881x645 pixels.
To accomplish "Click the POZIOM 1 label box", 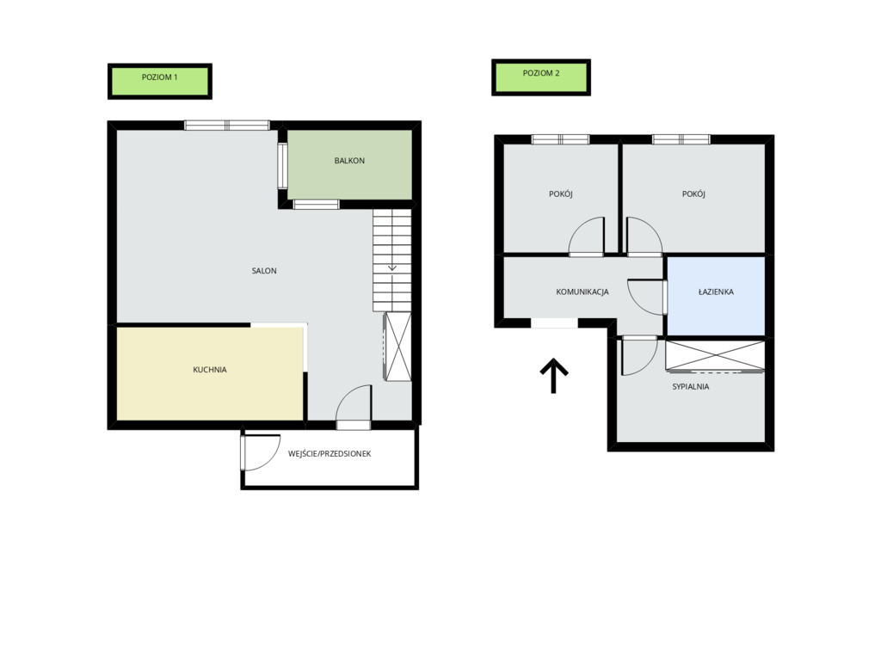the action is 159,82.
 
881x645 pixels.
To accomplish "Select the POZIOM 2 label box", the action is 541,77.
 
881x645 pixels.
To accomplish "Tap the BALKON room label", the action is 349,161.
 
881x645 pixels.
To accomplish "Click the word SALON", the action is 264,271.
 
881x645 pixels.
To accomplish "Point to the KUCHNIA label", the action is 210,370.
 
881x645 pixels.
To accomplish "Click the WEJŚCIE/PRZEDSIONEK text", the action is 330,453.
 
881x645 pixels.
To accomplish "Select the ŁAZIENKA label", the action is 716,292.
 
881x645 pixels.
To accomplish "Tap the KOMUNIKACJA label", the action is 582,292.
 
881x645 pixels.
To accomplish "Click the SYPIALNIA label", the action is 691,386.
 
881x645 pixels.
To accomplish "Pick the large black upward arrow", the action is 554,375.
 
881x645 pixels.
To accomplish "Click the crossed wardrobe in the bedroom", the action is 715,355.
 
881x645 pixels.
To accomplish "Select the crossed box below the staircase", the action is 397,347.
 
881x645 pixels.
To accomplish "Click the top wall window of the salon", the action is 227,126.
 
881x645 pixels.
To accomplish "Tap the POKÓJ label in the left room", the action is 561,193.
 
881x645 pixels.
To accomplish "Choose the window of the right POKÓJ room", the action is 681,139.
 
